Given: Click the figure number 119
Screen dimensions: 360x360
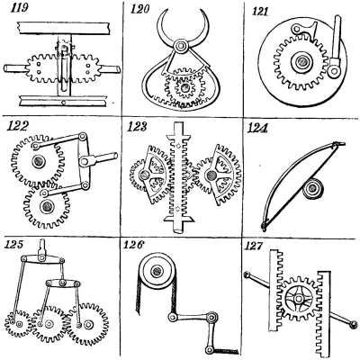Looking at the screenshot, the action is [x=20, y=7].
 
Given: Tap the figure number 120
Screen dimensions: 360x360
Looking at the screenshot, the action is [x=139, y=9].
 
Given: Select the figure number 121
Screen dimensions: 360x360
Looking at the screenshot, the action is [x=259, y=12].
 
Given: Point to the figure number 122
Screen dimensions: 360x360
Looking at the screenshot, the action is [x=17, y=126].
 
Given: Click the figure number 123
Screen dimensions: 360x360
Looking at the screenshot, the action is [x=137, y=127].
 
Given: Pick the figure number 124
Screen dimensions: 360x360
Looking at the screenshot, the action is [x=257, y=128].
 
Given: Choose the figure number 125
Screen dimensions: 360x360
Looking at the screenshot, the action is [x=14, y=244].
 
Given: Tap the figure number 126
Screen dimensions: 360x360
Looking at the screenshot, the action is [x=133, y=245].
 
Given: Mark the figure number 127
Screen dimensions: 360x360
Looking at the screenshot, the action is [x=255, y=246].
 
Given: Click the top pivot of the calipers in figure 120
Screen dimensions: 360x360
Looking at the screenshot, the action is [x=181, y=46].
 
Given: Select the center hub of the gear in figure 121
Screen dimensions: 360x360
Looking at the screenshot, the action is [x=301, y=62].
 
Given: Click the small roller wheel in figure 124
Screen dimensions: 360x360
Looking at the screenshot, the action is [x=312, y=188].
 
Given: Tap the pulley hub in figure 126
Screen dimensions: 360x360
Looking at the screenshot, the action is [x=157, y=271].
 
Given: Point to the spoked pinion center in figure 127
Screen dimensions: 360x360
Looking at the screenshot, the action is [x=298, y=299].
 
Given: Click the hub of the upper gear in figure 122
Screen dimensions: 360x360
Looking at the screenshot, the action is [x=39, y=161].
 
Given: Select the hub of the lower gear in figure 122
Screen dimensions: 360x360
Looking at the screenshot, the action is [x=47, y=206].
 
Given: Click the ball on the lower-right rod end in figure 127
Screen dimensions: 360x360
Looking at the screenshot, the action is [x=354, y=324].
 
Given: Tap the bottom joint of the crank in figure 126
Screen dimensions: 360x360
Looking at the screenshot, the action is [x=209, y=349].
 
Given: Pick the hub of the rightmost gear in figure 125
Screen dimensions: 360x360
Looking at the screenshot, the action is [x=88, y=324].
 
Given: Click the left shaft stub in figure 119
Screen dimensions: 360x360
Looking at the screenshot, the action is [x=15, y=68].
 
